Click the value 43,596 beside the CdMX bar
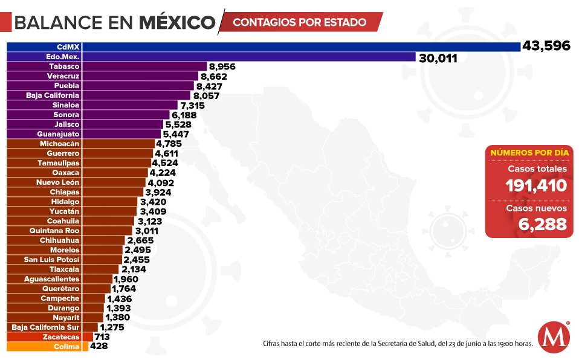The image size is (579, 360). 546,46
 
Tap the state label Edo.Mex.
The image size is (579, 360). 63,56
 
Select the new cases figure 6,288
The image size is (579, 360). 542,224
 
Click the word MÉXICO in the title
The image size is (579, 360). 177,22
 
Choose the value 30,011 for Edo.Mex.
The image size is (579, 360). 437,58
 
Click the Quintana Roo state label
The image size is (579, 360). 54,230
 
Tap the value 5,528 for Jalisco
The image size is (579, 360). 178,124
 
